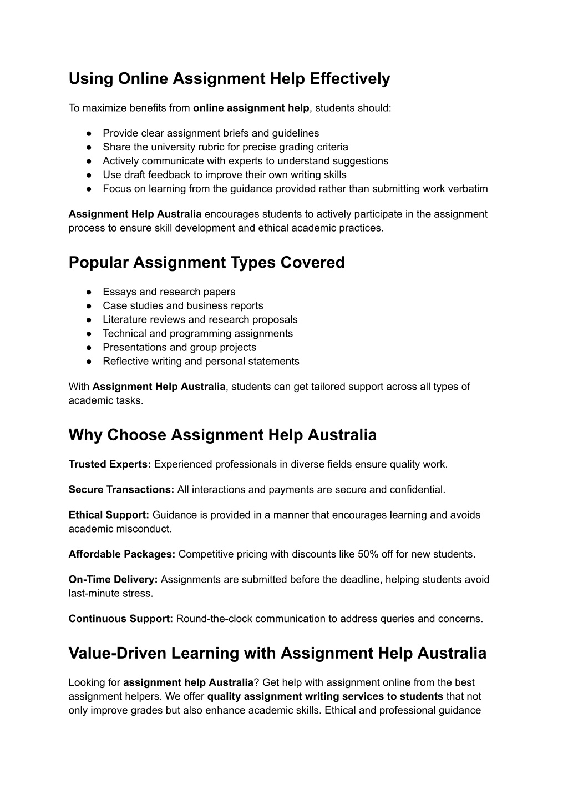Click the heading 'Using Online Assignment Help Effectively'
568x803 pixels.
tap(229, 79)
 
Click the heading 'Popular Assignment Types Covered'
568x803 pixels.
tap(206, 263)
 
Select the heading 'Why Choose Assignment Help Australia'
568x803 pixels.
tap(222, 435)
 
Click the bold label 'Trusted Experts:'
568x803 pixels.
tap(110, 464)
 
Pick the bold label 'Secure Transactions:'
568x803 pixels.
tap(121, 490)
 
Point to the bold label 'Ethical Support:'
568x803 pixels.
tap(109, 515)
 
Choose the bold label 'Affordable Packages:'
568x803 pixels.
tap(122, 554)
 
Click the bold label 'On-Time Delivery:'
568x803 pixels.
tap(113, 579)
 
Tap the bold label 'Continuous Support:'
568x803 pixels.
tap(121, 619)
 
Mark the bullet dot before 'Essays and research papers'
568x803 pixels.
tap(89, 292)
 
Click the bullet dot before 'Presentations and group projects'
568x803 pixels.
tap(89, 348)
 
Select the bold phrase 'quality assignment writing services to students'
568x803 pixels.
tap(325, 696)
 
